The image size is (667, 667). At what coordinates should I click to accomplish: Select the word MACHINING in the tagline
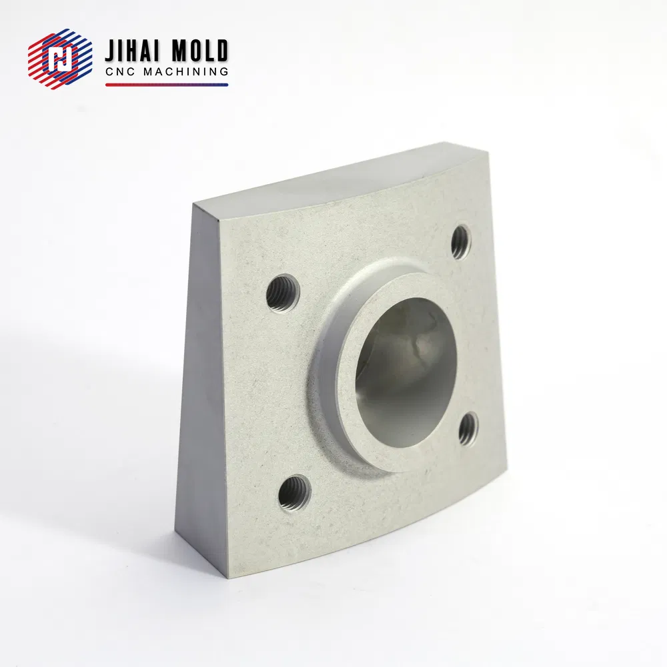pos(186,72)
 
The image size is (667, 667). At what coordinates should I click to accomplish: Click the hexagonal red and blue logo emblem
pos(60,59)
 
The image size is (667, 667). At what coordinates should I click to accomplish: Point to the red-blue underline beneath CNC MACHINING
pos(167,85)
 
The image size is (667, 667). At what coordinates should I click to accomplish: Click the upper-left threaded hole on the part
pos(283,293)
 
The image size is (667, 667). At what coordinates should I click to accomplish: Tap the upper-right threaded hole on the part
pos(461,241)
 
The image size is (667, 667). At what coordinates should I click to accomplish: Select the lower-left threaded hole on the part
pos(294,495)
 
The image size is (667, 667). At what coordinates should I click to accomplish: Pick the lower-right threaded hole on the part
pos(468,428)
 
